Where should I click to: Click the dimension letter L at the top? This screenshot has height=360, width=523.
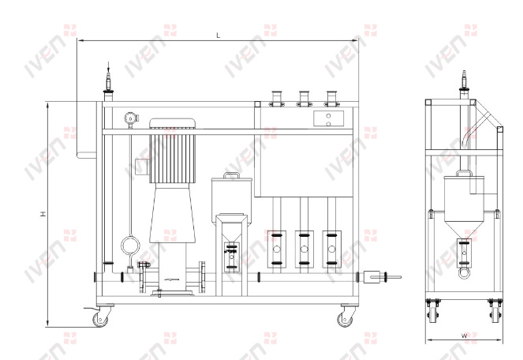click(x=219, y=35)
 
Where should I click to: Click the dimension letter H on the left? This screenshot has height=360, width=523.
click(x=43, y=214)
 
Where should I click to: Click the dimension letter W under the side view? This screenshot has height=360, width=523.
click(x=465, y=336)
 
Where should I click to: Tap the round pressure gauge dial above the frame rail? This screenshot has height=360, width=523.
click(x=129, y=118)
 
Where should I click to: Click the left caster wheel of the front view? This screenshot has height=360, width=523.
click(x=100, y=320)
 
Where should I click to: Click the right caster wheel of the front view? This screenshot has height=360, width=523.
click(x=345, y=320)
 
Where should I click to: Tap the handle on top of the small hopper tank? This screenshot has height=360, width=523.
click(x=231, y=174)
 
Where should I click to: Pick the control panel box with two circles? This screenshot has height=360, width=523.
click(x=328, y=119)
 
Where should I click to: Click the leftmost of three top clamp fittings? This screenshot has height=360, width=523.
click(x=277, y=99)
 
